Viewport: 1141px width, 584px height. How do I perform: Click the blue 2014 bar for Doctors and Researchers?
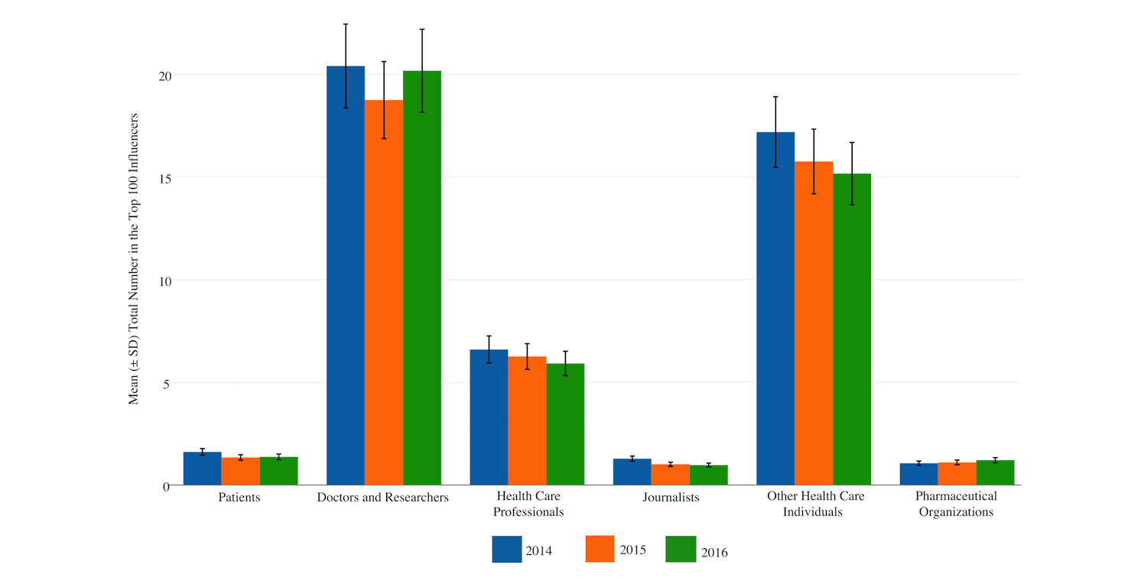tap(346, 275)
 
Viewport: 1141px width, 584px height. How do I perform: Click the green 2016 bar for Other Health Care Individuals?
tap(852, 329)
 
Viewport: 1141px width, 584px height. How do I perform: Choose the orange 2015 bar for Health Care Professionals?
tap(527, 420)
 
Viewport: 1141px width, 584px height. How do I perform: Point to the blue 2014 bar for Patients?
tap(203, 469)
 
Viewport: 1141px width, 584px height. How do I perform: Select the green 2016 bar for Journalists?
tap(709, 475)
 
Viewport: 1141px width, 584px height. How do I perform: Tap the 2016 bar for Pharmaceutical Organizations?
tap(995, 472)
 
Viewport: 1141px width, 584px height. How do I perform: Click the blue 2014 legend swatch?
tap(506, 549)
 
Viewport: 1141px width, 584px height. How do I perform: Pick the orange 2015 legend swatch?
tap(600, 549)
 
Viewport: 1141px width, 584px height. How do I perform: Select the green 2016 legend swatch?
tap(681, 549)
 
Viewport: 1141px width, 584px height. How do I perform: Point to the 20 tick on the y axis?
tap(165, 76)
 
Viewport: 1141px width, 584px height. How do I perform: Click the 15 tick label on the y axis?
tap(165, 178)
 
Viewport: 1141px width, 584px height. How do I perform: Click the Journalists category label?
tap(671, 498)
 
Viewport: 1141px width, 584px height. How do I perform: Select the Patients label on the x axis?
tap(239, 498)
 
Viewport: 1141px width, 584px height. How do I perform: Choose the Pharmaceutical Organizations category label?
tap(956, 505)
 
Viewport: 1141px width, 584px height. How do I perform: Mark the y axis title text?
tap(134, 258)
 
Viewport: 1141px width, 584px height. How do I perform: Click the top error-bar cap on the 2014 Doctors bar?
tap(346, 24)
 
